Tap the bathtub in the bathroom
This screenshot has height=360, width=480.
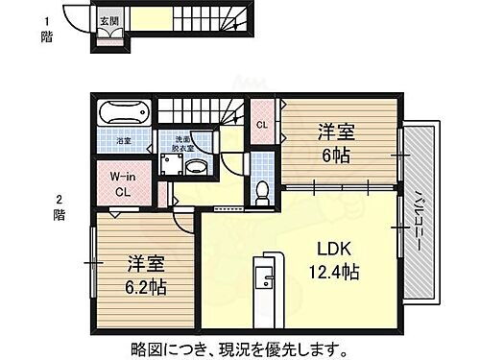122,114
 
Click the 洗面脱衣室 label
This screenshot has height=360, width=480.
183,144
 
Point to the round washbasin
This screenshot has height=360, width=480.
195,168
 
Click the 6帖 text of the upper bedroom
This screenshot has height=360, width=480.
333,156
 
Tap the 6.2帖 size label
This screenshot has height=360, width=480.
145,288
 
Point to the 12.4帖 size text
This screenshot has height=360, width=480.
332,273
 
